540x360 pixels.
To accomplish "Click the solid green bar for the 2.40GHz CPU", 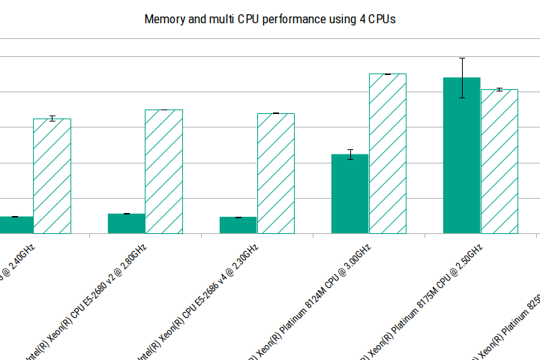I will coord(15,225).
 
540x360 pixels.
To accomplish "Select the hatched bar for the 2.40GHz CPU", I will coord(52,176).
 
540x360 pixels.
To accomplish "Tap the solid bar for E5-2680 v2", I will coord(127,223).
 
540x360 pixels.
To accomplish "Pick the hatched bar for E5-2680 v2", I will coord(163,172).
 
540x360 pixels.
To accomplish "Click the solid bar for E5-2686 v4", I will coord(238,225).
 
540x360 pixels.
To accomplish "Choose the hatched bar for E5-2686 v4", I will coord(275,173).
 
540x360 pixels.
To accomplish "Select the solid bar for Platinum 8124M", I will coord(350,194).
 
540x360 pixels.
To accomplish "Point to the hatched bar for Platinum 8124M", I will coord(387,154).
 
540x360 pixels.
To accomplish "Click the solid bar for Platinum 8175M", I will coord(462,156).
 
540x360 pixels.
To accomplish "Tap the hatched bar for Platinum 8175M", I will coord(499,161).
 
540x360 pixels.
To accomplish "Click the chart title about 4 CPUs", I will coord(269,19).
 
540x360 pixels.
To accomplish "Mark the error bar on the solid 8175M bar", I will coord(462,77).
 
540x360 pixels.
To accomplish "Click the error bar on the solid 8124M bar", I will coord(350,154).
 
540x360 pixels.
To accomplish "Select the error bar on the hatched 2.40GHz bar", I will coord(52,118).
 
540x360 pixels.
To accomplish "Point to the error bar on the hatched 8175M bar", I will coord(499,90).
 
